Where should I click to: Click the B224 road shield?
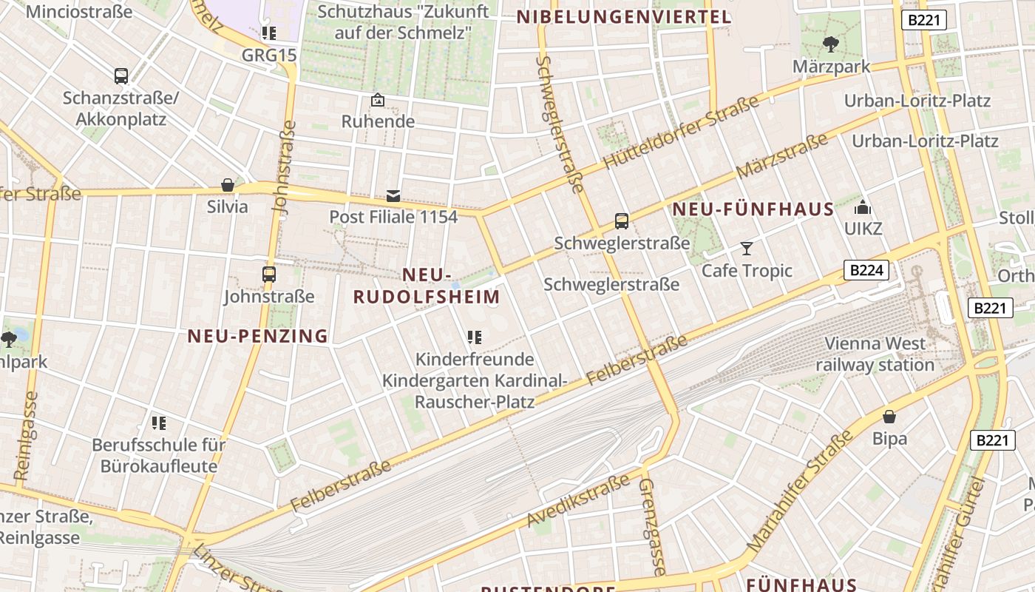coord(866,270)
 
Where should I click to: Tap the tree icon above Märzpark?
coord(831,44)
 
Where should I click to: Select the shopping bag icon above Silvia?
coord(228,185)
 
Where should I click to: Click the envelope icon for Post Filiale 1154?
coord(393,196)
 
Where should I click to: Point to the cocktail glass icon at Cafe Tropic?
coord(747,249)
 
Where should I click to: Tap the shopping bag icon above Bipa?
coord(889,417)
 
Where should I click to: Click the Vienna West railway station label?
coord(875,354)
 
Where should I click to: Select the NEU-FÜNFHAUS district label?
coord(753,209)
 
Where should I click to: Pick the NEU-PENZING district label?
coord(257,336)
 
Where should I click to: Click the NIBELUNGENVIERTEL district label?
coord(623,17)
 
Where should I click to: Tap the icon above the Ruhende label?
coord(378,100)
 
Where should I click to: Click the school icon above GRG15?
coord(268,33)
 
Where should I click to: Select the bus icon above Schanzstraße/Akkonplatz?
coord(121,75)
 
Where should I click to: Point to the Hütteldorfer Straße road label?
coord(681,132)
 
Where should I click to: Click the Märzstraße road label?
coord(781,156)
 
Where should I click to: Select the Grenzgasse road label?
coord(651,526)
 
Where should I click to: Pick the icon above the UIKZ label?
coord(863,208)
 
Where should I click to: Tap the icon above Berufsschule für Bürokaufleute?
coord(159,423)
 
